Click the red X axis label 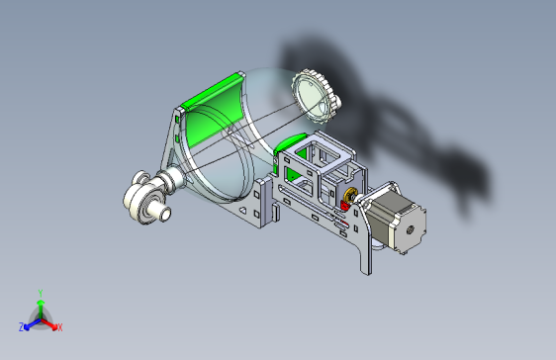[59, 326]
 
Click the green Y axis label [40, 293]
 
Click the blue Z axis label [22, 326]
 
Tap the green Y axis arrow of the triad [40, 306]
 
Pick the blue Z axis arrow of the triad [31, 322]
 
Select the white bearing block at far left [145, 198]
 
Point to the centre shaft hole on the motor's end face [409, 228]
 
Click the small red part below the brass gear [346, 204]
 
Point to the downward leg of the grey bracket [366, 252]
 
